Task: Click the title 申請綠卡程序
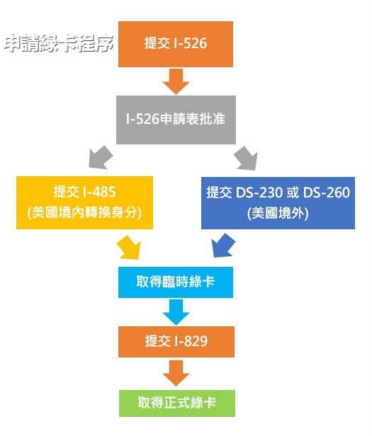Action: pyautogui.click(x=59, y=43)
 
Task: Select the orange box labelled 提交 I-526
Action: pyautogui.click(x=176, y=44)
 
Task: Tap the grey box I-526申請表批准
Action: pyautogui.click(x=176, y=120)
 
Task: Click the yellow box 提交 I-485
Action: pyautogui.click(x=84, y=202)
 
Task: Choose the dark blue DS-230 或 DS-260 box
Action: pyautogui.click(x=278, y=203)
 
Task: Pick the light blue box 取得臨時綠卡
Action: pyautogui.click(x=176, y=282)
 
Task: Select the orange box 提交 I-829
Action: pyautogui.click(x=176, y=342)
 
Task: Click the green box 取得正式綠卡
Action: pyautogui.click(x=177, y=403)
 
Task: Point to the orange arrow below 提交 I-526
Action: pyautogui.click(x=176, y=81)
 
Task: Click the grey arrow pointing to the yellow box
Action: pyautogui.click(x=101, y=157)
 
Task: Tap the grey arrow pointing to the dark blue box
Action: pyautogui.click(x=246, y=158)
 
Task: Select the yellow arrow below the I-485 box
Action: pyautogui.click(x=129, y=248)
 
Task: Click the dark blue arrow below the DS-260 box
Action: pyautogui.click(x=223, y=245)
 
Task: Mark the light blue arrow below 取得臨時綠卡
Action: pyautogui.click(x=176, y=312)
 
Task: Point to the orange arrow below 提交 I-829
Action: pyautogui.click(x=176, y=373)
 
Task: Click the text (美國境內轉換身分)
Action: pyautogui.click(x=84, y=213)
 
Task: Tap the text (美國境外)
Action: pyautogui.click(x=278, y=213)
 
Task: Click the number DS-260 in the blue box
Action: pyautogui.click(x=327, y=193)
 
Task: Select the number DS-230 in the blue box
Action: pyautogui.click(x=259, y=193)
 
